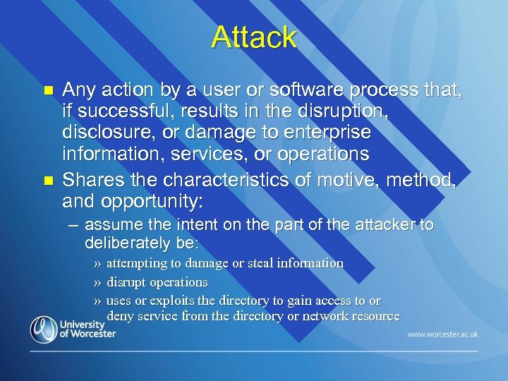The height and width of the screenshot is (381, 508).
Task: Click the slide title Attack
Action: pos(253,37)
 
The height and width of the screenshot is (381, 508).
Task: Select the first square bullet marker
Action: pos(48,91)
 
